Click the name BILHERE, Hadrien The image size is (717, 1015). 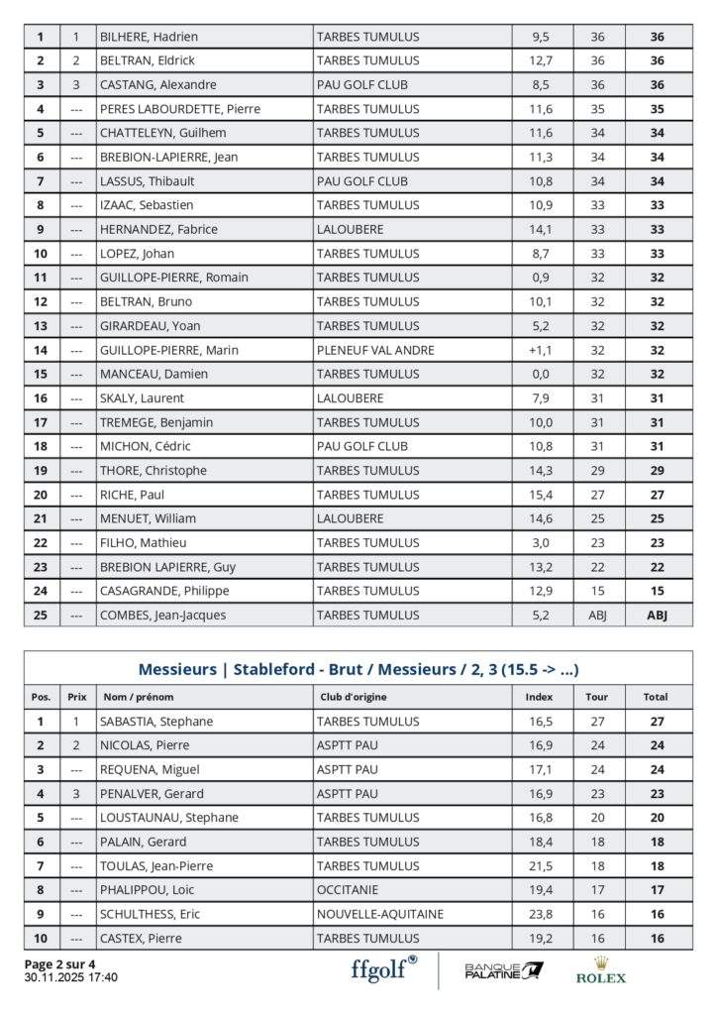tap(149, 37)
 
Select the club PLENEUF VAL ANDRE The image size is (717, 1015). tap(375, 350)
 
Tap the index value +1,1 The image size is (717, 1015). tap(540, 350)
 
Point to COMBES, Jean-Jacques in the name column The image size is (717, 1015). tap(162, 615)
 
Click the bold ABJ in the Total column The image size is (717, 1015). tap(657, 615)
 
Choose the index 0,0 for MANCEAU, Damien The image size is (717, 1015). tap(540, 374)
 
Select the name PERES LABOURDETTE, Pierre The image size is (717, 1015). tap(179, 109)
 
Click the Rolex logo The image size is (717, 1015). tap(601, 970)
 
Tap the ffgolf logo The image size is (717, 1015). tap(384, 968)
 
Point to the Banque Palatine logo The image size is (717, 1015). tap(504, 969)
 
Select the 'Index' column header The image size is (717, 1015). tap(539, 697)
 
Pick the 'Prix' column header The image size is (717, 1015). tap(76, 697)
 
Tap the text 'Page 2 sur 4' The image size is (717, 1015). tap(59, 963)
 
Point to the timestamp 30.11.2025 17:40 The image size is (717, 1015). tap(70, 977)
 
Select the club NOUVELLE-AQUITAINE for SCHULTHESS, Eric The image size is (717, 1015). tap(379, 914)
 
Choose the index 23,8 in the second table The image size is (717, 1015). tap(540, 914)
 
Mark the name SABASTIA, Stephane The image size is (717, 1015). tap(156, 722)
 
